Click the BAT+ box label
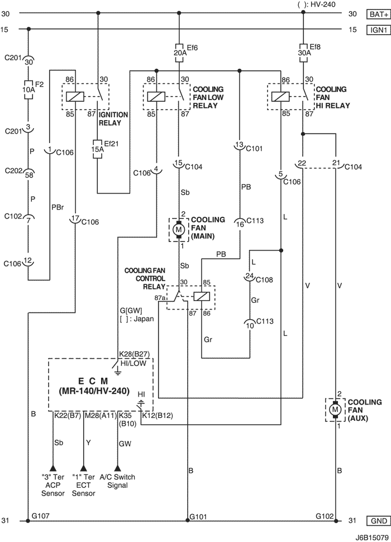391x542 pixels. [x=378, y=14]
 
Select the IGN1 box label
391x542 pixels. [x=378, y=30]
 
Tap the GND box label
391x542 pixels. [x=378, y=521]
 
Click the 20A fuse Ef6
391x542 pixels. [x=179, y=53]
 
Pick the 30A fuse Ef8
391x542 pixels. [x=303, y=53]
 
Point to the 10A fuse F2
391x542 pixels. [x=28, y=90]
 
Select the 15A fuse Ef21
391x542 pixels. [x=97, y=149]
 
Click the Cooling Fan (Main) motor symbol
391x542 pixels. [x=179, y=229]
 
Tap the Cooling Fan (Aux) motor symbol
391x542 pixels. [x=335, y=410]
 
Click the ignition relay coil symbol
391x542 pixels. [x=75, y=97]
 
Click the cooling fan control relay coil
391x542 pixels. [x=201, y=297]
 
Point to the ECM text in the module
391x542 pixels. [x=93, y=381]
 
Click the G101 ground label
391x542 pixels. [x=198, y=517]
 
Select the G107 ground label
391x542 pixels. [x=40, y=516]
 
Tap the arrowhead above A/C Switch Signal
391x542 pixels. [x=118, y=468]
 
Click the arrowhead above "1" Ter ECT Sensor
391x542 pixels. [x=83, y=468]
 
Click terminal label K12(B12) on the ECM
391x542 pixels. [x=158, y=416]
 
